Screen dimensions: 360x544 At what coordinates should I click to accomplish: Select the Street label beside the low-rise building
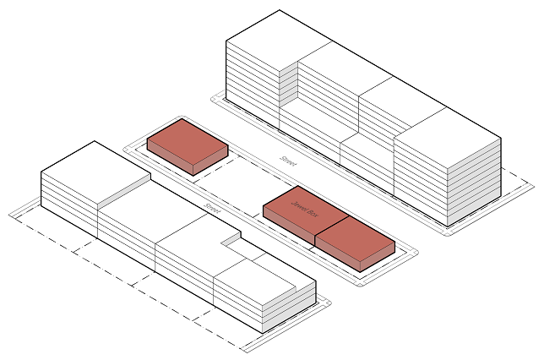pos(211,207)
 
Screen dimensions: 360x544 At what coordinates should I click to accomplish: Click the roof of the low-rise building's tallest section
pos(93,165)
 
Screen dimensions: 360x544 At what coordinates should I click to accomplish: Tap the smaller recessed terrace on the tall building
pos(368,143)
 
